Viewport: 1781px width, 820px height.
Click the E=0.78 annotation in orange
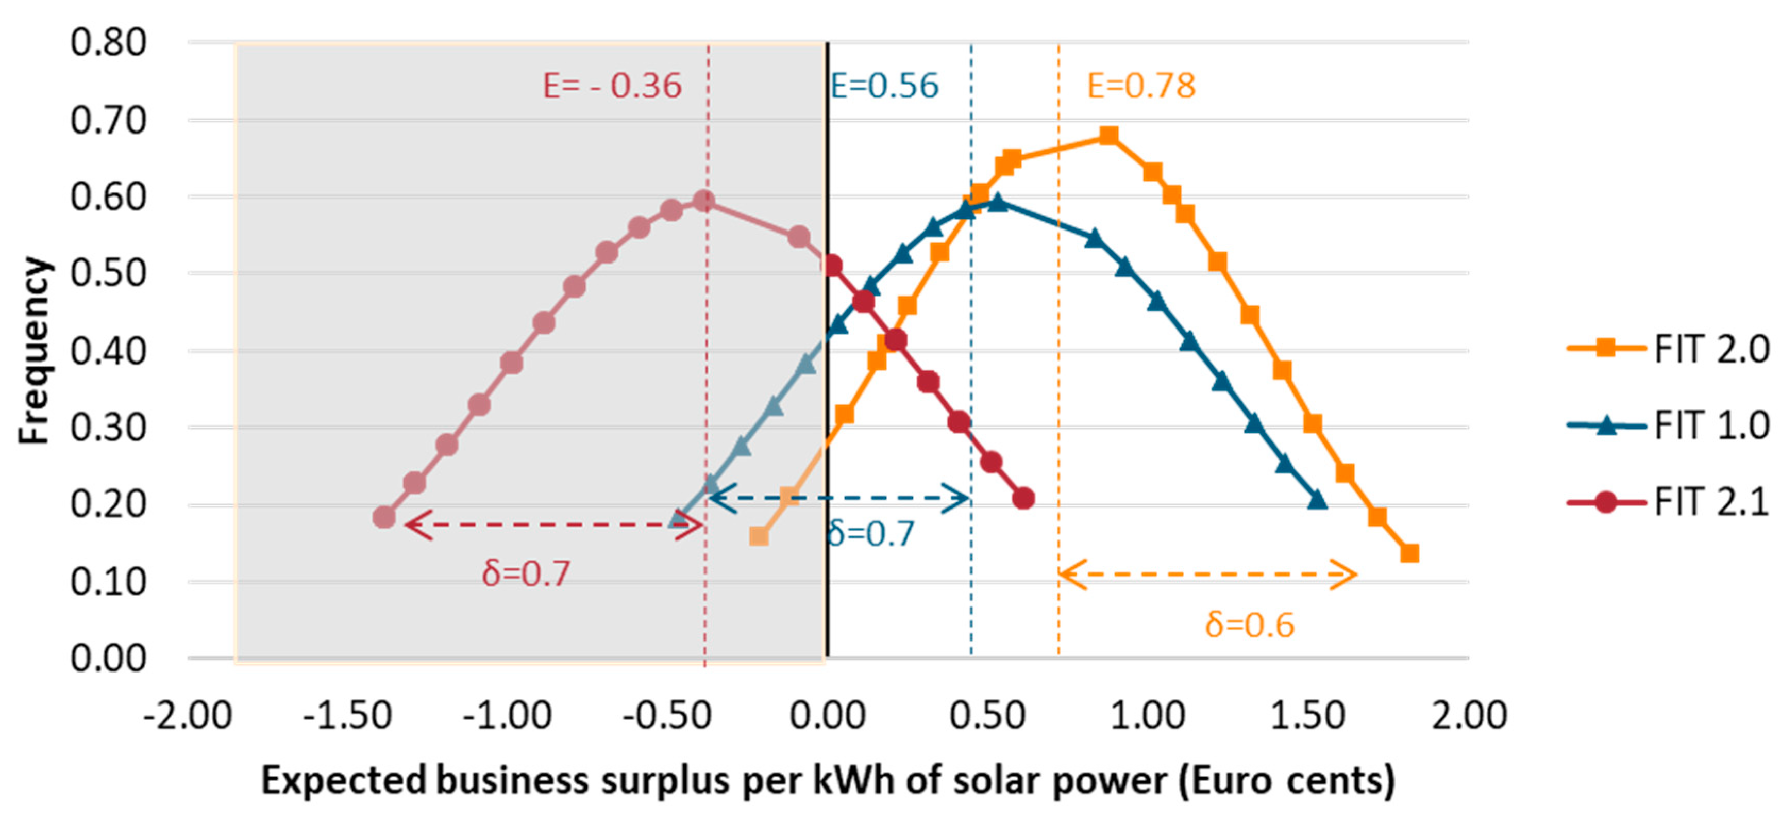coord(1141,86)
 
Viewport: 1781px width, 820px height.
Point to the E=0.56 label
coord(884,86)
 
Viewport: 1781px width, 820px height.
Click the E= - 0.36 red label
coord(612,86)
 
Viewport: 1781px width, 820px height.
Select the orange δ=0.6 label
coord(1249,625)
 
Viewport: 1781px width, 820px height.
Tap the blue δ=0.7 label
coord(870,534)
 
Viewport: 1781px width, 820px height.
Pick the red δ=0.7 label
coord(526,573)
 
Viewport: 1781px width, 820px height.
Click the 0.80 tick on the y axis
coord(109,43)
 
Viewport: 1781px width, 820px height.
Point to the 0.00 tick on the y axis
coord(109,658)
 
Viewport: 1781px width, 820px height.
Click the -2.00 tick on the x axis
coord(187,715)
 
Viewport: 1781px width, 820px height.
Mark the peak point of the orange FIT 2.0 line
coord(1108,135)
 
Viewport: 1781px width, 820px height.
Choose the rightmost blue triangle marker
coord(1317,500)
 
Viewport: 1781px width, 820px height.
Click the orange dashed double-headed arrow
coord(1207,575)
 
